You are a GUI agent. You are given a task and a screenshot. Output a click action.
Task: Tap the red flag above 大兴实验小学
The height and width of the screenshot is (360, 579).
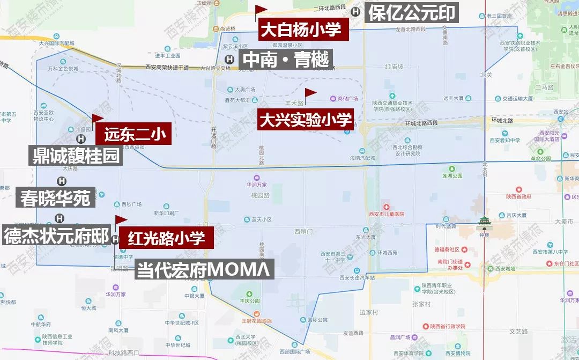coord(310,94)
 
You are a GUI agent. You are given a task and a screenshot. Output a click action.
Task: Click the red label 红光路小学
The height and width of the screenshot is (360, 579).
coord(166,238)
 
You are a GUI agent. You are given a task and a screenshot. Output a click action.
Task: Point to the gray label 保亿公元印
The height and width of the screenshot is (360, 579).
coord(411,13)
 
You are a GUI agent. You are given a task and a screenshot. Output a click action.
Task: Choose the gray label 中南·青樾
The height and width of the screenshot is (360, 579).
coord(285,60)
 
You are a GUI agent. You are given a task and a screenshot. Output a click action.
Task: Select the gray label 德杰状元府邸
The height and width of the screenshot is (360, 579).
coord(56,236)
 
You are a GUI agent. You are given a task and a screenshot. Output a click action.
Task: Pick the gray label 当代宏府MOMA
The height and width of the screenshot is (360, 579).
coord(204,269)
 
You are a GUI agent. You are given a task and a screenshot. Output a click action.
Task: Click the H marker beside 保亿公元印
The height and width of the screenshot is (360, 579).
coord(355,12)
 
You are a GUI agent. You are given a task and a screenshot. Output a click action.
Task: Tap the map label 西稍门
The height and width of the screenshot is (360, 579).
coord(304,231)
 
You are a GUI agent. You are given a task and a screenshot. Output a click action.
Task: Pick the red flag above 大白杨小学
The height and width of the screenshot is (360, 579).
coord(261,10)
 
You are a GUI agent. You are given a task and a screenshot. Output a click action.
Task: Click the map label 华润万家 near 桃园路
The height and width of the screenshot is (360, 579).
coord(257,185)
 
